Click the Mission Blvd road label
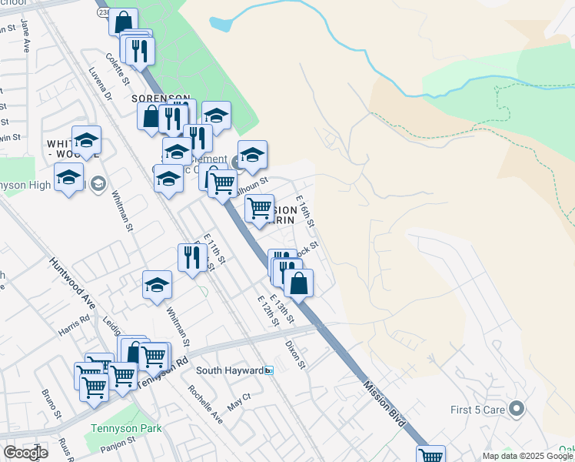coord(387,399)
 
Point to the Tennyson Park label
coord(125,428)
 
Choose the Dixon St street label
coord(295,354)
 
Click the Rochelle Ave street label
coord(205,404)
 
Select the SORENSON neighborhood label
coord(160,99)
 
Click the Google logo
coord(25,452)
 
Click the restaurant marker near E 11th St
coord(191,257)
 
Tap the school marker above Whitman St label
coord(157,285)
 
